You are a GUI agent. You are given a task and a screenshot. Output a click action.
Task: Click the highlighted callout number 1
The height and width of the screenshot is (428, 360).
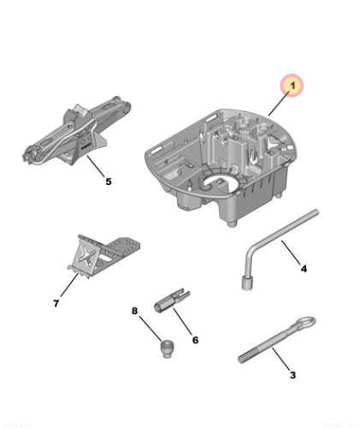tap(292, 86)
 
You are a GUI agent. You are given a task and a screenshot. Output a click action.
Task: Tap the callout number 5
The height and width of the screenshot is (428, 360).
tap(109, 181)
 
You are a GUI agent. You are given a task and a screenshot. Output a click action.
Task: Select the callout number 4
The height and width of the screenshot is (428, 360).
tap(304, 269)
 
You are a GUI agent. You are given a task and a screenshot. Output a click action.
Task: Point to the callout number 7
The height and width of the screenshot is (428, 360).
tap(56, 303)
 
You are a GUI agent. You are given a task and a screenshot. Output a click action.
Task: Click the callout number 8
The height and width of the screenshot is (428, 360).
tap(134, 311)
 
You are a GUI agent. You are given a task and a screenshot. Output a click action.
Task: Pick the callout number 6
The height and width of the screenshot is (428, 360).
tap(195, 340)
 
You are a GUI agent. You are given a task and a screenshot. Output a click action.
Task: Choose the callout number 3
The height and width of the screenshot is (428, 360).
tap(292, 375)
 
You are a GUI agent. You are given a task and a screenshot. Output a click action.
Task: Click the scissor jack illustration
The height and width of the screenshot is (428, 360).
tap(77, 131)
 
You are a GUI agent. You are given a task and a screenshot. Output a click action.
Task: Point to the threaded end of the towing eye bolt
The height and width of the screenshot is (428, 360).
tap(248, 357)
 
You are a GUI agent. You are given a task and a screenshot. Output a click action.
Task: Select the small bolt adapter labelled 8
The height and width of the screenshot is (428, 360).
tap(166, 348)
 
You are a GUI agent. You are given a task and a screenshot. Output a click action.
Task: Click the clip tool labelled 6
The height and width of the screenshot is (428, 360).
tap(172, 300)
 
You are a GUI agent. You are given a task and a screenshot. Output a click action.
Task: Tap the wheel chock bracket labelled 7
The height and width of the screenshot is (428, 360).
tap(103, 255)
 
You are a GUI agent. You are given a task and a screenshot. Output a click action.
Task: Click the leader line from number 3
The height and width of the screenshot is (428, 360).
tap(281, 359)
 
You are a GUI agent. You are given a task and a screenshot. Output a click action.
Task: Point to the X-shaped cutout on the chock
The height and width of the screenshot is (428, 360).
tap(86, 256)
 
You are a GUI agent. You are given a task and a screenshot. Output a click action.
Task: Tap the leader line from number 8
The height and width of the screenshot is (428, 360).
tap(150, 328)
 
